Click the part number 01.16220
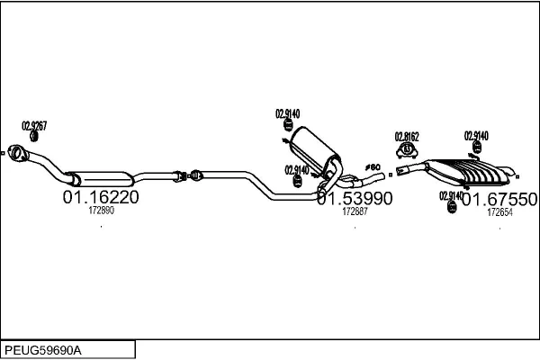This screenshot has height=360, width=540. tap(100, 197)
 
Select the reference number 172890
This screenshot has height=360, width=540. tap(101, 211)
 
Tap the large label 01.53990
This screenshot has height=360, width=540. tap(355, 198)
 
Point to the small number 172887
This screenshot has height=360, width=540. tap(355, 211)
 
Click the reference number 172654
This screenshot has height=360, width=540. tap(499, 212)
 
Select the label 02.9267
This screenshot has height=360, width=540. tap(34, 125)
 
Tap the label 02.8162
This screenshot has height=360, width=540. tap(408, 136)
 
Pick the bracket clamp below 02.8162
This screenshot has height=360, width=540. tap(407, 148)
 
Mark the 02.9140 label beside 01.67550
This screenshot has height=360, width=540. tap(451, 195)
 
